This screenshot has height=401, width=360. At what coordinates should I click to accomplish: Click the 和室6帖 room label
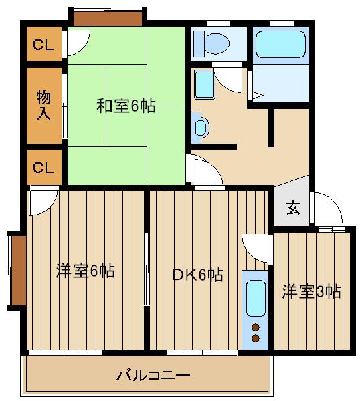point(126,106)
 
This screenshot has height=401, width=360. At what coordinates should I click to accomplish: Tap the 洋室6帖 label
point(85,271)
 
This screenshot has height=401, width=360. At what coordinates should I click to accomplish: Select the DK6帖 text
point(197,275)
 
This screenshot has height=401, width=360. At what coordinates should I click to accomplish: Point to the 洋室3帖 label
point(311,291)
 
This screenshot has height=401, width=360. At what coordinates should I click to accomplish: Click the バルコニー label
point(153,376)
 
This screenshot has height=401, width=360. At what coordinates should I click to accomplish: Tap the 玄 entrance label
point(293,208)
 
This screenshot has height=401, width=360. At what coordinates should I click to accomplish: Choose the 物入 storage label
point(43,104)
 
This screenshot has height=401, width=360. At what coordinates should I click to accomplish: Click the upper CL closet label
point(43,45)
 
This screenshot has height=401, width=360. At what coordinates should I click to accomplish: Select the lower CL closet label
point(43,168)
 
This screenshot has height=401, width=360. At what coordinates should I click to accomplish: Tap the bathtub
point(280,45)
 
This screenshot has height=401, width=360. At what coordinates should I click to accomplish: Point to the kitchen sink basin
point(255,298)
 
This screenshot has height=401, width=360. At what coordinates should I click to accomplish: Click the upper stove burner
point(255,327)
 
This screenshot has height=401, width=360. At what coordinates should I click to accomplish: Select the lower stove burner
point(255,338)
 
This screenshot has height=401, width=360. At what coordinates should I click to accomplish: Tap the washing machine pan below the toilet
point(204,85)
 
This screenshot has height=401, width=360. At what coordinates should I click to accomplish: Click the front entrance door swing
point(327,208)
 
